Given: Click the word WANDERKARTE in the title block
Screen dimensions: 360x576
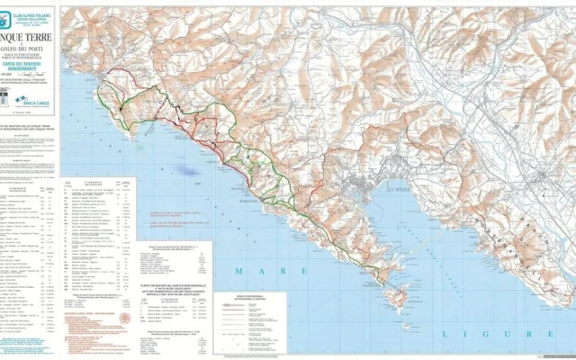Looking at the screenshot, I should pos(33,82).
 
